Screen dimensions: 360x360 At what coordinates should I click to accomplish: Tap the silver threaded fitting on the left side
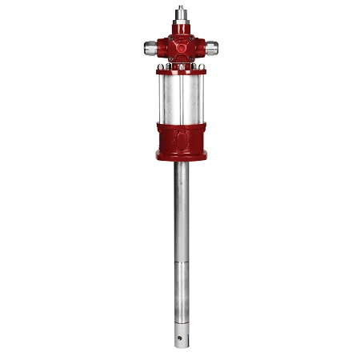tap(151, 46)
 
